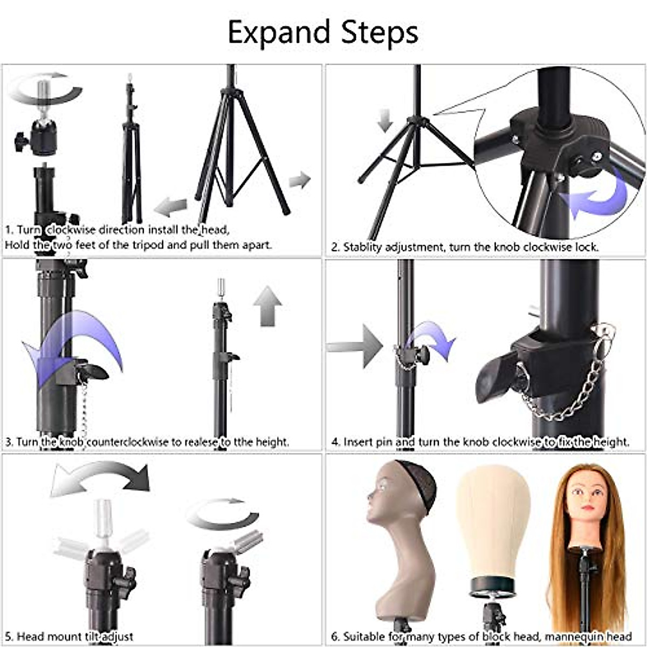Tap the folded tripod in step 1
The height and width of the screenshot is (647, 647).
point(131,151)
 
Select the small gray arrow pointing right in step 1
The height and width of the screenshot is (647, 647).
point(300,180)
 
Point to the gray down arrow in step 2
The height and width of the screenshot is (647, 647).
point(385,120)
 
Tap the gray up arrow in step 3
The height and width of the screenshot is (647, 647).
point(267,306)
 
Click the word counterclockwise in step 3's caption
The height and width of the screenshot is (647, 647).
point(127,442)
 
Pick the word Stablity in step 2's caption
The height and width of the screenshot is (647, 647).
point(363,247)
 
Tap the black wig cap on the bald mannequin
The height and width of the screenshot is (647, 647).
point(415,483)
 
